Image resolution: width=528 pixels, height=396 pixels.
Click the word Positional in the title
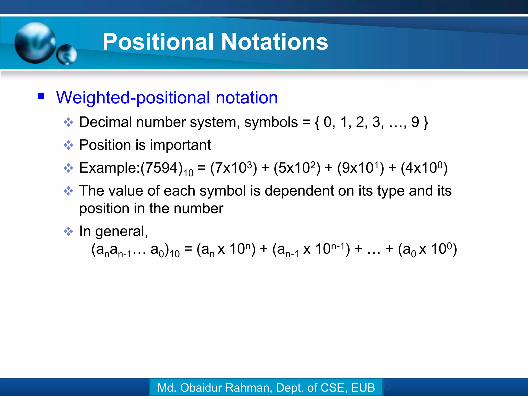[158, 42]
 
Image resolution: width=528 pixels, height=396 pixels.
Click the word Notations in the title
[274, 42]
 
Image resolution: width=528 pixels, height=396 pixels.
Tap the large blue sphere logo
[35, 43]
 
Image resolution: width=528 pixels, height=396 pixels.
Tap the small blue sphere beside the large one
[67, 54]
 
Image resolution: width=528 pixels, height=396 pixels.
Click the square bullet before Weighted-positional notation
[41, 96]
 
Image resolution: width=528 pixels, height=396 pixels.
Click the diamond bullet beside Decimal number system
[68, 122]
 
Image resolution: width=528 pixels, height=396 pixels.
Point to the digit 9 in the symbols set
[415, 122]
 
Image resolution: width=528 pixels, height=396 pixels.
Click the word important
[180, 145]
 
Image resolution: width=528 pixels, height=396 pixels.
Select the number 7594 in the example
[162, 168]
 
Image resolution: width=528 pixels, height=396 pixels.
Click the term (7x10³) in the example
[234, 168]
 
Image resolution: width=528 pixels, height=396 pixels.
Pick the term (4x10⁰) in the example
[424, 168]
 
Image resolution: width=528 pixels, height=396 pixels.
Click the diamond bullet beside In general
[68, 231]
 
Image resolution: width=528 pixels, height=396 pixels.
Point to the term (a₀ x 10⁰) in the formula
[427, 249]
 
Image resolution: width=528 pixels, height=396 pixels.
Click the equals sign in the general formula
[188, 249]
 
